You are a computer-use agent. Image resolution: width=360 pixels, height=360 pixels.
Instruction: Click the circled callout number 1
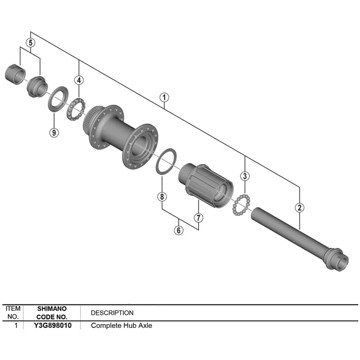pyautogui.click(x=163, y=96)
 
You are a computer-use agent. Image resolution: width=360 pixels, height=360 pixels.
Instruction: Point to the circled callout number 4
pyautogui.click(x=78, y=79)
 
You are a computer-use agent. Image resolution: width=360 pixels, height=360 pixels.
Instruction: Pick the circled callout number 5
pyautogui.click(x=31, y=44)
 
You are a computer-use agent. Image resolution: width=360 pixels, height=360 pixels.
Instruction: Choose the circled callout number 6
pyautogui.click(x=178, y=229)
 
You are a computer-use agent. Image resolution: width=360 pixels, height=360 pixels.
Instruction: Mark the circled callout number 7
pyautogui.click(x=197, y=216)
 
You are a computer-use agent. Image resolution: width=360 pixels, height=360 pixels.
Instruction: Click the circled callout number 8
pyautogui.click(x=160, y=197)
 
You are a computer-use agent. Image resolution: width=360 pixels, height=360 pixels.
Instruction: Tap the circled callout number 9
pyautogui.click(x=52, y=133)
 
